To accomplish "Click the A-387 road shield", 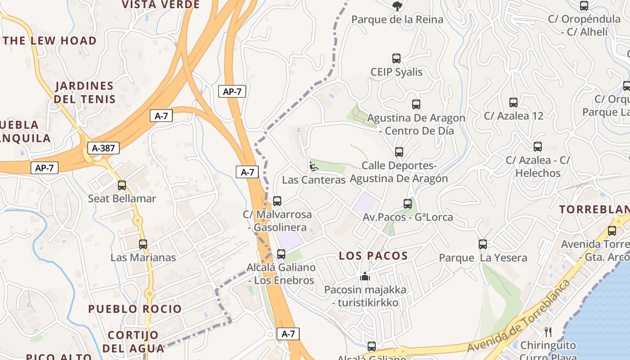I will click(x=103, y=148).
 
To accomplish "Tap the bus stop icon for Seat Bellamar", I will click(x=121, y=185).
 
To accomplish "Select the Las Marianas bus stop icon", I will click(x=143, y=244).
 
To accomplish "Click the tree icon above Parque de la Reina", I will click(x=397, y=6).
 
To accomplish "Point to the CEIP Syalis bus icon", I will click(x=396, y=58).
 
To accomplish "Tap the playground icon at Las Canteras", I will click(x=313, y=166).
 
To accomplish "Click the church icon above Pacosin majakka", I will click(x=365, y=276).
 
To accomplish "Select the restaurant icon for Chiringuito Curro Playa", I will click(x=548, y=332).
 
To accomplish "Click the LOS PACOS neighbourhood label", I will click(x=373, y=256).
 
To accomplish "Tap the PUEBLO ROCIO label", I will click(x=135, y=309).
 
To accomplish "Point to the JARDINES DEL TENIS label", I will click(x=85, y=92).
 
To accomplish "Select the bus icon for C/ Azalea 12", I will click(x=513, y=103).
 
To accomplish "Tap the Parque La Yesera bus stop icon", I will click(x=482, y=244).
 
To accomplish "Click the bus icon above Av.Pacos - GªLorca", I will click(x=408, y=204).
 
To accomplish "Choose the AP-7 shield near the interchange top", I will click(x=232, y=91).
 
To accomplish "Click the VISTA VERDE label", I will click(x=161, y=4).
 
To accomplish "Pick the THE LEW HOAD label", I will click(x=49, y=40).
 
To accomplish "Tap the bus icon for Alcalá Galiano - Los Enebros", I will click(x=281, y=254).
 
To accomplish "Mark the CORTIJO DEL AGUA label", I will click(x=133, y=342).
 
